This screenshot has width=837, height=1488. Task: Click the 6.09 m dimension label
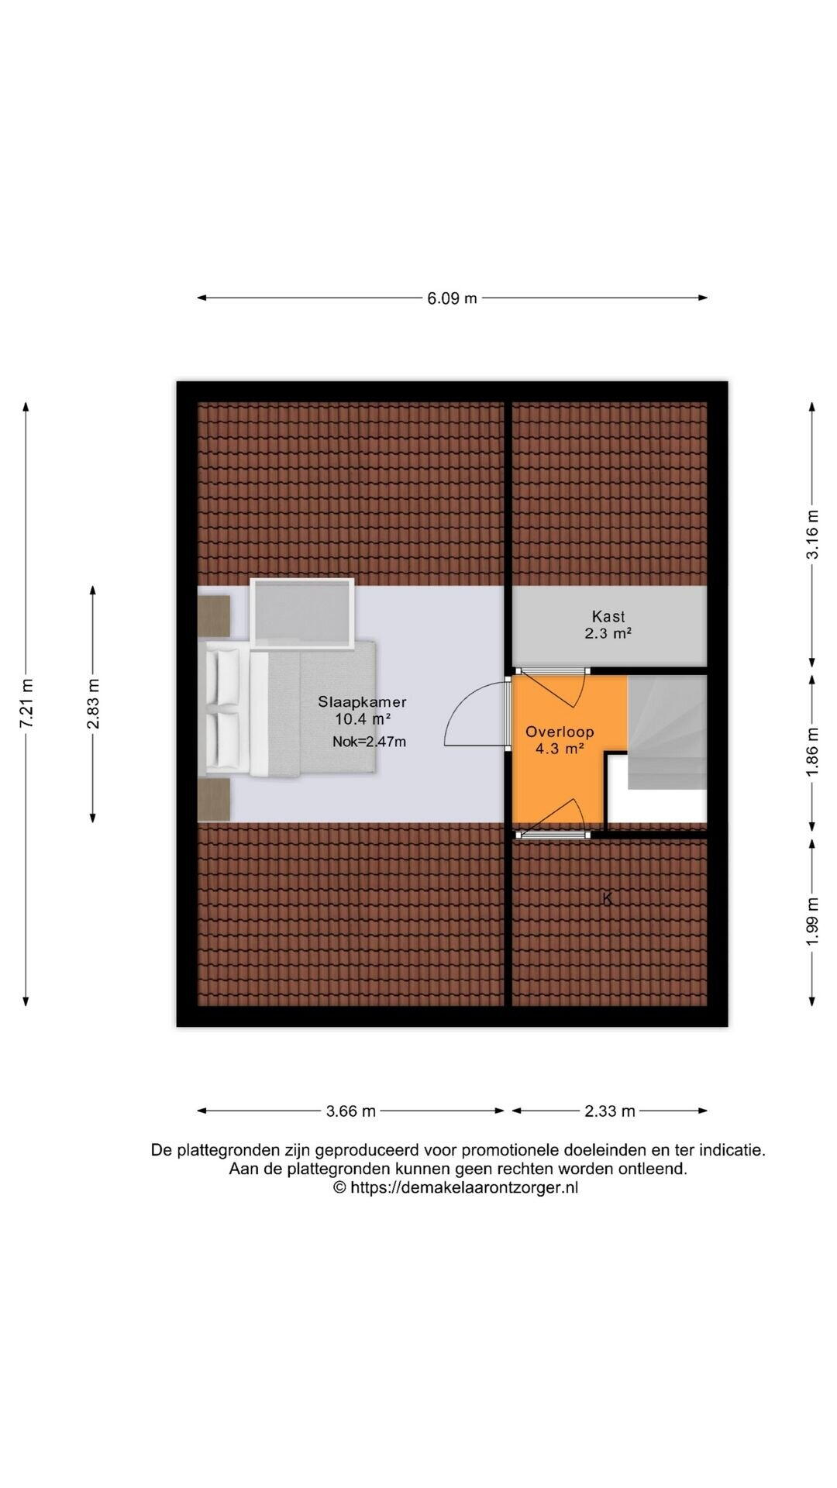[452, 298]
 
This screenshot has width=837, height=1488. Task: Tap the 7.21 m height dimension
[26, 703]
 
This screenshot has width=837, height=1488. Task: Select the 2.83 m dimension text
[93, 704]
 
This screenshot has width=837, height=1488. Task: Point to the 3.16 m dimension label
[812, 534]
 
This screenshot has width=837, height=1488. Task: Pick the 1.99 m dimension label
[812, 921]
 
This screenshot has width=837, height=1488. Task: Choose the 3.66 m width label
[351, 1111]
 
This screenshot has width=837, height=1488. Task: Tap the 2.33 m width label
[610, 1111]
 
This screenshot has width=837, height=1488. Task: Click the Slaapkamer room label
[362, 702]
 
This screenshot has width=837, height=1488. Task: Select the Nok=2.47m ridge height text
[370, 742]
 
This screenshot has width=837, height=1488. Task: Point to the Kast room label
[608, 617]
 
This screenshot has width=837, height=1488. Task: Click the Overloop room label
[560, 732]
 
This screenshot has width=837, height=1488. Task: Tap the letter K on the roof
[608, 899]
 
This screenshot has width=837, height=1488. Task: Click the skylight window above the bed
[302, 612]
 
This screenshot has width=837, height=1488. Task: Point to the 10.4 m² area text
[363, 718]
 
